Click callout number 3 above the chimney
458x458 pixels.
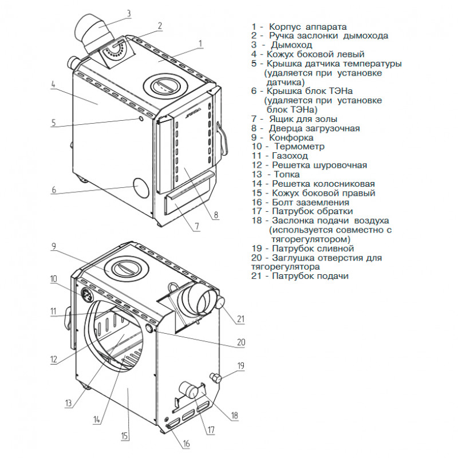pos(129,13)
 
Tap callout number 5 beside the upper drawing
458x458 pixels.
pos(53,122)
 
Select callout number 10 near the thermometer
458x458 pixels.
pos(54,279)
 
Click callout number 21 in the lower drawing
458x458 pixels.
pos(240,318)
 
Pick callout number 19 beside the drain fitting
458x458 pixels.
pos(241,365)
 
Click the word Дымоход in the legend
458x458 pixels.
pos(293,45)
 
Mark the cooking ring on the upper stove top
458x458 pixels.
pos(164,86)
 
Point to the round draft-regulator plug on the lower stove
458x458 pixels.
pos(150,329)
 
